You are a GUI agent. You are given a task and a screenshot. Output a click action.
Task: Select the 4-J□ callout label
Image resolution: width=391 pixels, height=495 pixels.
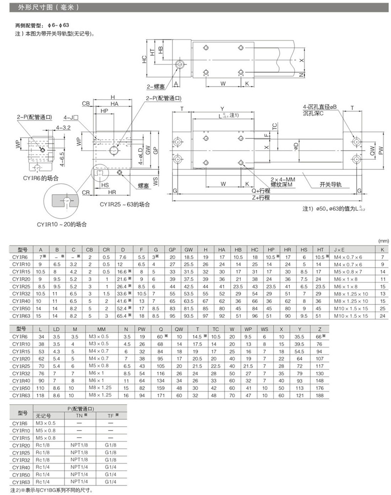tap(71, 118)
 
